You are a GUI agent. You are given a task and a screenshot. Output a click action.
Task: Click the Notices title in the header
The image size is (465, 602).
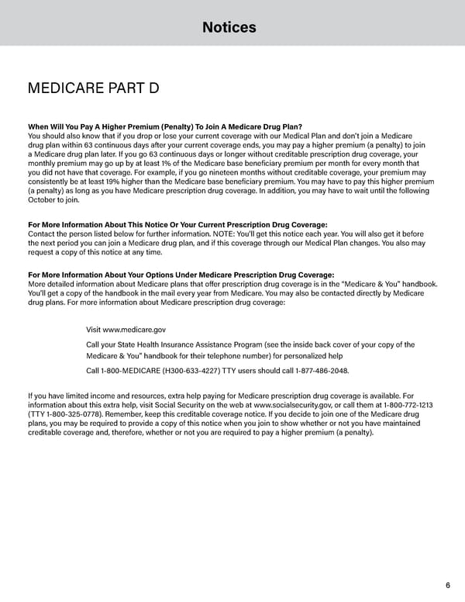click(x=229, y=28)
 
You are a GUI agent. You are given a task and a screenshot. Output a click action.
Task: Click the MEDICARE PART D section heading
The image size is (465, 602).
click(x=93, y=88)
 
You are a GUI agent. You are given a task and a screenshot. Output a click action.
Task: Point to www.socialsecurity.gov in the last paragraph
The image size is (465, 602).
click(x=293, y=405)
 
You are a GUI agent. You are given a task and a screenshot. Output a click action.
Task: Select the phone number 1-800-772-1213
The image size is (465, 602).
click(x=406, y=405)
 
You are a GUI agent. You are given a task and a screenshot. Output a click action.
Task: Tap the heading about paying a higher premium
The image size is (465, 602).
click(x=164, y=126)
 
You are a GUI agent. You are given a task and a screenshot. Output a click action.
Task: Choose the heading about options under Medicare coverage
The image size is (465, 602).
click(x=181, y=275)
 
